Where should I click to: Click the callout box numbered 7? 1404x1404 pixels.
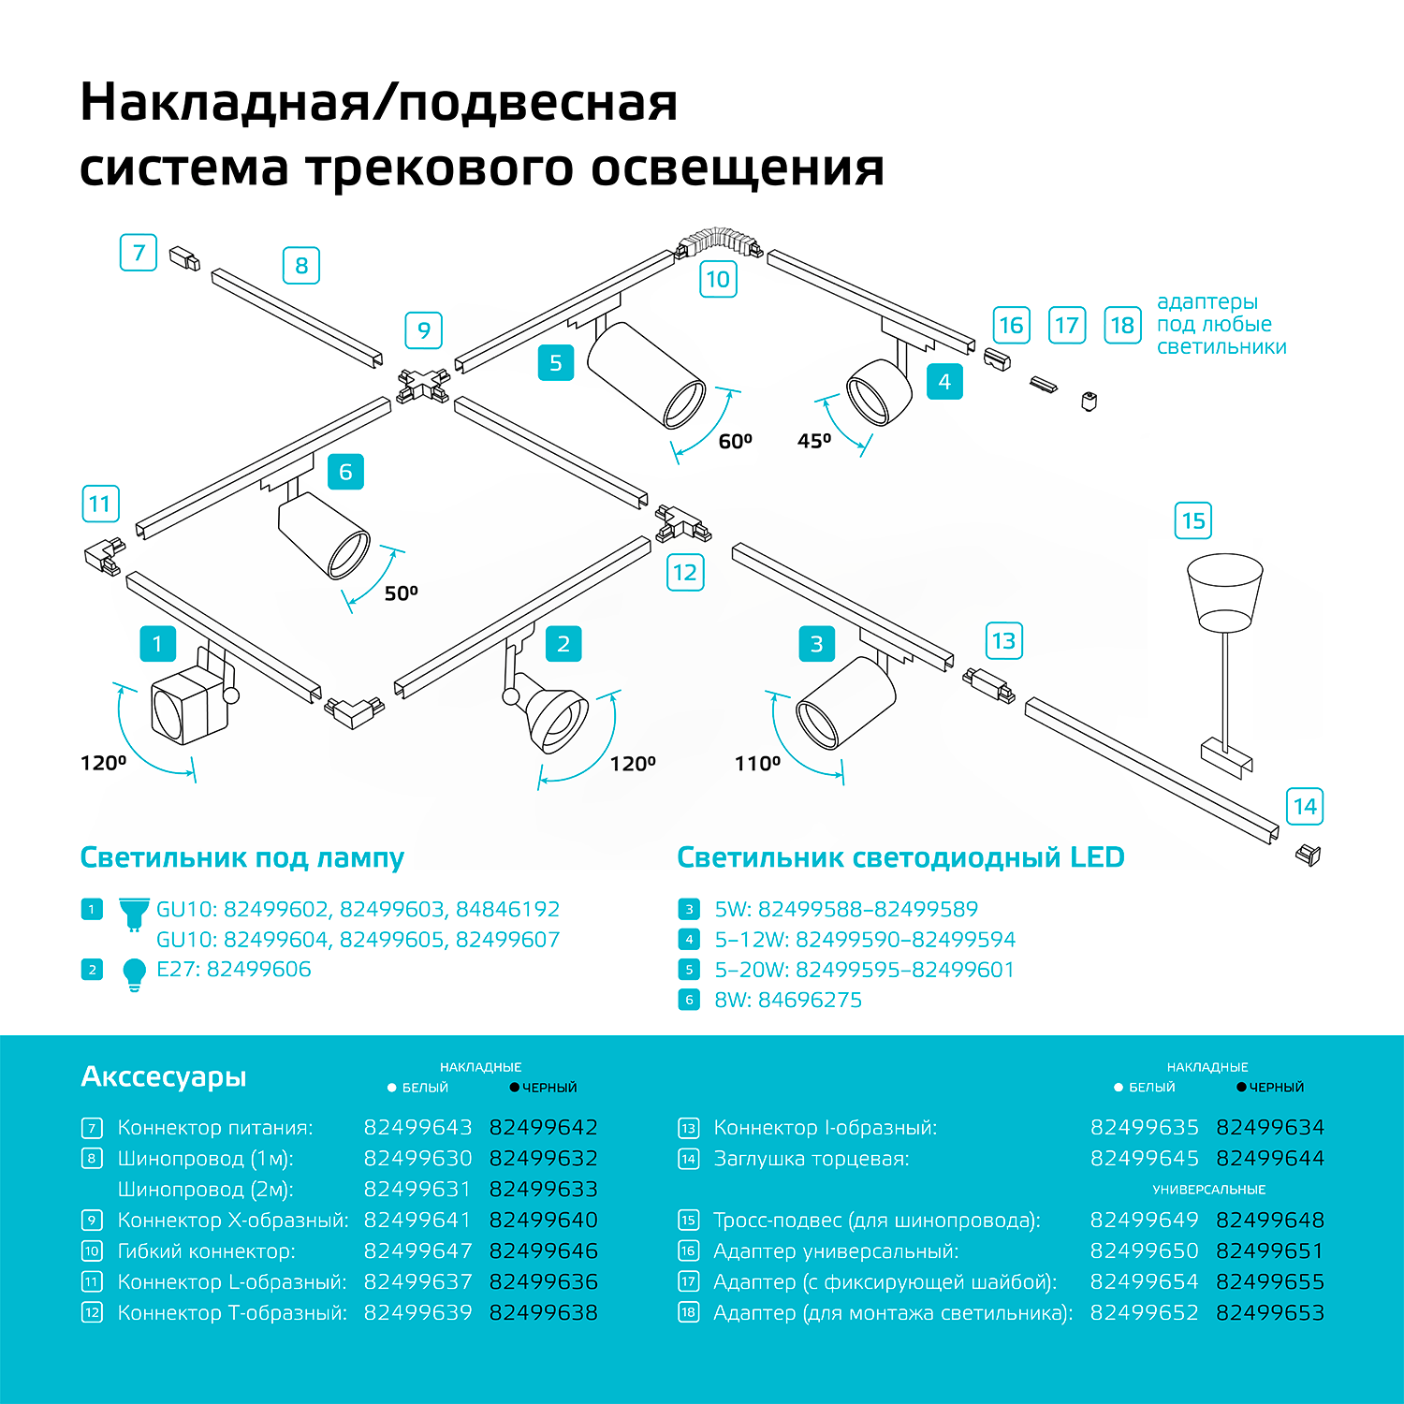click(139, 253)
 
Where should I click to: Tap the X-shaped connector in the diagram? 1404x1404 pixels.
click(423, 383)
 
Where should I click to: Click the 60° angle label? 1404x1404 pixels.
click(736, 441)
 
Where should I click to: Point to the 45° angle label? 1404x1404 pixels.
click(814, 441)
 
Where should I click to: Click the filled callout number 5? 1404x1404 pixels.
click(556, 363)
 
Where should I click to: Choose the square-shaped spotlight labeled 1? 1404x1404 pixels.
click(190, 705)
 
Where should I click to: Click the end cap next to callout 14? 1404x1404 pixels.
click(1309, 854)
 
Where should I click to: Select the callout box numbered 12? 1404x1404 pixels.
click(685, 573)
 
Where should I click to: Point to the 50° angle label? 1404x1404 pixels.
click(402, 593)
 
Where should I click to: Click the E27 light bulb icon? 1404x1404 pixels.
click(135, 973)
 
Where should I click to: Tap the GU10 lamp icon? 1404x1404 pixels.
click(135, 913)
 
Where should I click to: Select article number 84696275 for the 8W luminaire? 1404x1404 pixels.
click(810, 1000)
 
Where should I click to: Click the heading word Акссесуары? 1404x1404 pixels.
click(164, 1076)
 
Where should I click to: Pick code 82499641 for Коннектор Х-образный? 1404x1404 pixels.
click(417, 1220)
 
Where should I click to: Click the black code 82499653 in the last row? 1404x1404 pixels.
click(1270, 1312)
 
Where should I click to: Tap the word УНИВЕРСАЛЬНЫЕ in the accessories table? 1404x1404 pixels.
click(1208, 1190)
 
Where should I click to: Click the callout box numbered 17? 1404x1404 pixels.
click(1067, 326)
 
